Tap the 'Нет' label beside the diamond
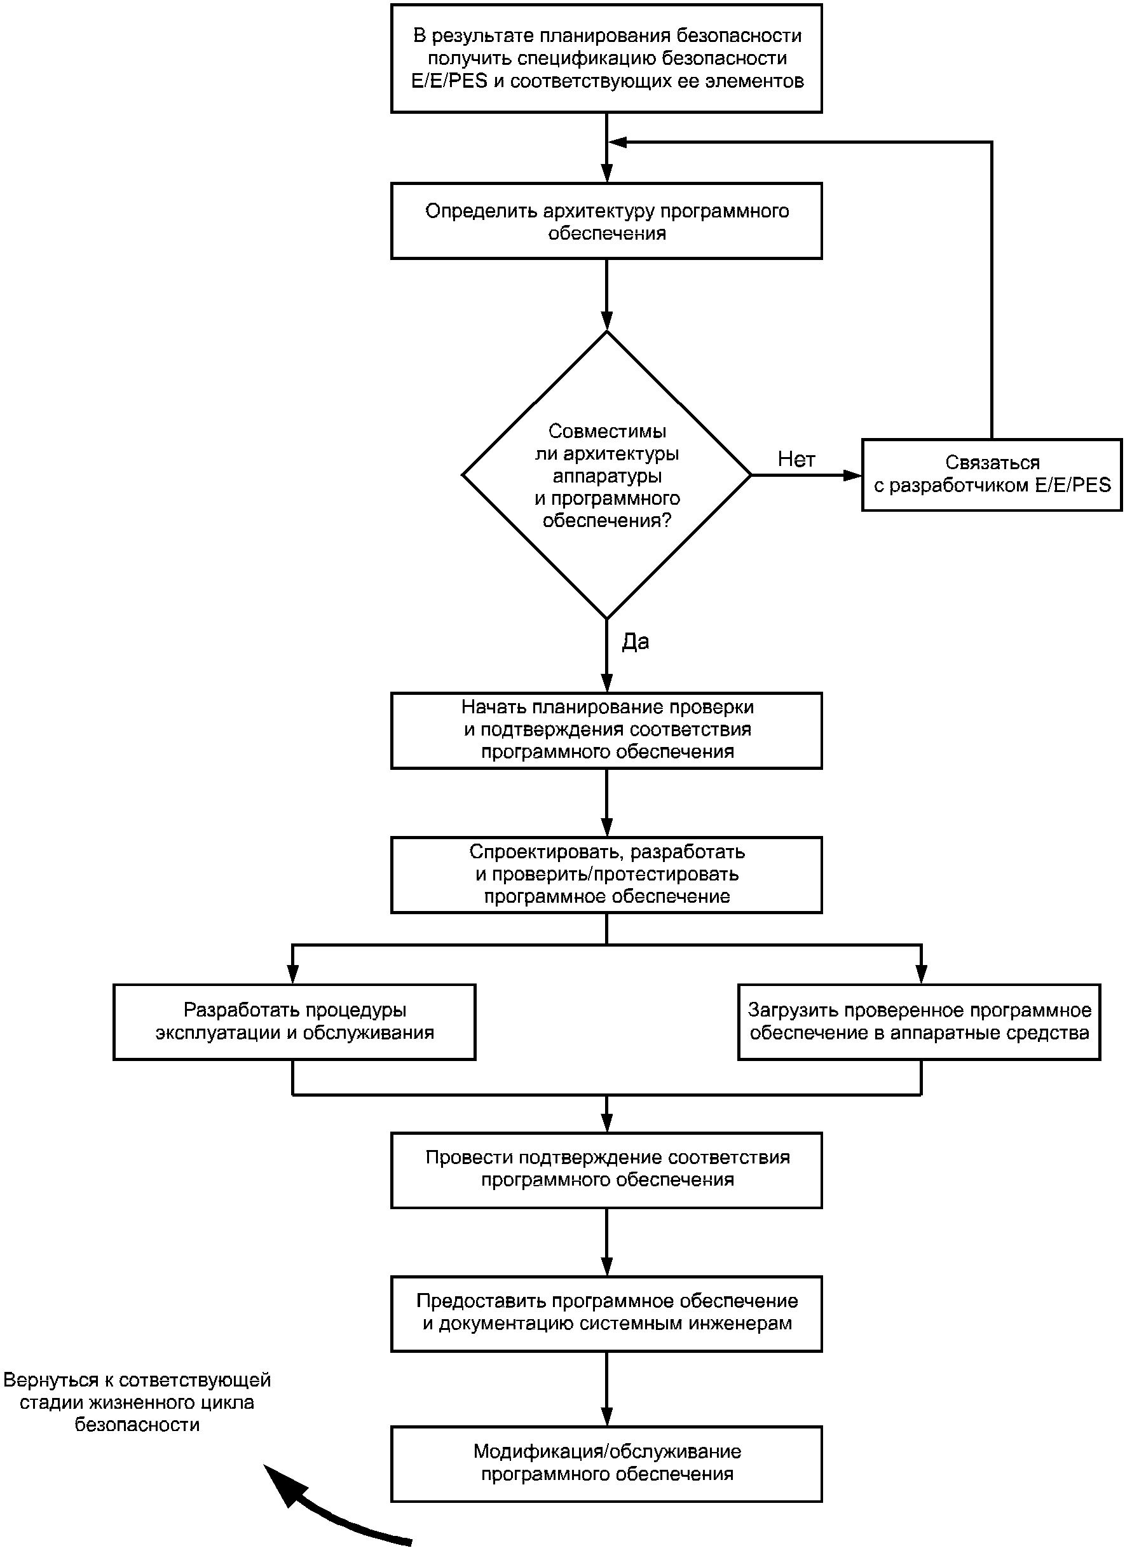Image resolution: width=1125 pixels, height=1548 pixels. coord(796,460)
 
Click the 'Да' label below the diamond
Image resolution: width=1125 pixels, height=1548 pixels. coord(635,641)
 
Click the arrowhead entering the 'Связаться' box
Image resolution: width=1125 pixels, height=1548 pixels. coord(853,475)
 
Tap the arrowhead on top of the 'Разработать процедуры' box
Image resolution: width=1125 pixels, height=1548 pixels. coord(292,975)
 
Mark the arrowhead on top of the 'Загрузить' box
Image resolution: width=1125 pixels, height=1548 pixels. coord(922,975)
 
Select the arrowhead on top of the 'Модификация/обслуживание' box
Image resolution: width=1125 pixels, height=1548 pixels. coord(606,1417)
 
